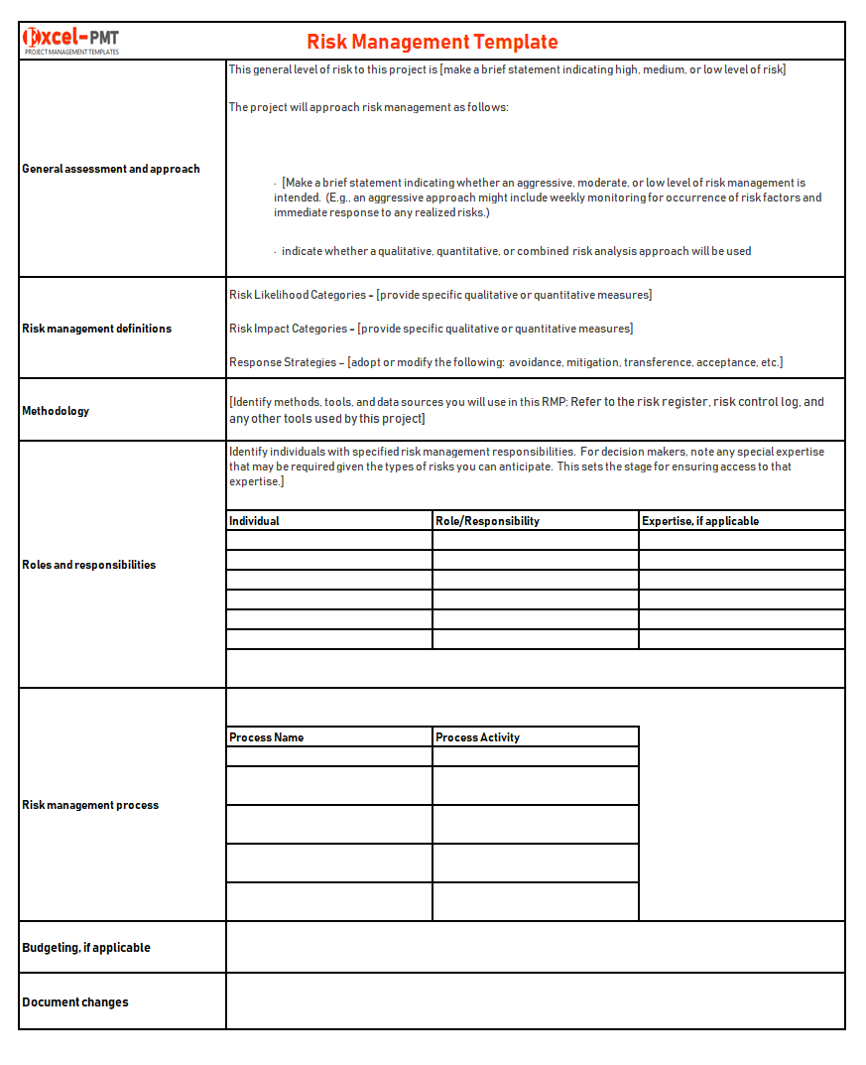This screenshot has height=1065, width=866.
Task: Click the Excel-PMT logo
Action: tap(70, 39)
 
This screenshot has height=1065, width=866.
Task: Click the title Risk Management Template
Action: tap(432, 42)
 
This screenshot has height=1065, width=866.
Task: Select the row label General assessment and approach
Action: tap(111, 169)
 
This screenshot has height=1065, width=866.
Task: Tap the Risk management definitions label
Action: tap(96, 329)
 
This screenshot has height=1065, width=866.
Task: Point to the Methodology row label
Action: tap(56, 411)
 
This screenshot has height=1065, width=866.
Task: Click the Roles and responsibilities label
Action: tap(88, 565)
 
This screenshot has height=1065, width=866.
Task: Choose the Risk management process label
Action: tap(90, 805)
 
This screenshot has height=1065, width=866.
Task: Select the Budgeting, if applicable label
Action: tap(86, 948)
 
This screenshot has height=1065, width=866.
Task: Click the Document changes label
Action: tap(75, 1002)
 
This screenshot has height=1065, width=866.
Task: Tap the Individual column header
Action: tap(255, 521)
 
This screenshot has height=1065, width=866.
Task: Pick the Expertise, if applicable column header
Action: tap(700, 521)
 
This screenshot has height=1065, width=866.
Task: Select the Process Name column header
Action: tap(267, 737)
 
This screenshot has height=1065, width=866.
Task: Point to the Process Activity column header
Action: tap(477, 737)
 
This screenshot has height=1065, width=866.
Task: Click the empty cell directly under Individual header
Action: tap(329, 540)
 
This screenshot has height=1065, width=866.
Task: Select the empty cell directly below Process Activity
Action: tap(535, 756)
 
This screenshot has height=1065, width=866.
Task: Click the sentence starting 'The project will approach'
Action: tap(368, 107)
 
